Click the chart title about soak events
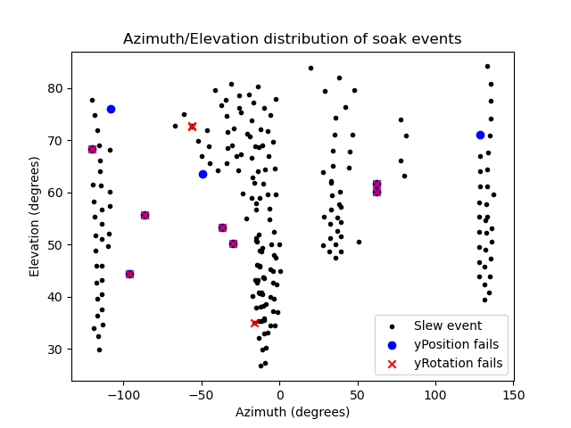click(292, 38)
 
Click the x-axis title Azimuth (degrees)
click(292, 412)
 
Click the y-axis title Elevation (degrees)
click(35, 217)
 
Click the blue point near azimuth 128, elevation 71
click(480, 135)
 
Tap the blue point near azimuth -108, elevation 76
click(111, 109)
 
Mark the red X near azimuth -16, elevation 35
click(254, 323)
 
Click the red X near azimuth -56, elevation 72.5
click(192, 127)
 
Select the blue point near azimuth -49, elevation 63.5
click(203, 174)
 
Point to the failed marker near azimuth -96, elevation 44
click(129, 274)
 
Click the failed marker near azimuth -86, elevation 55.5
click(145, 215)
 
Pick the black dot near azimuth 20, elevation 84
click(310, 68)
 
